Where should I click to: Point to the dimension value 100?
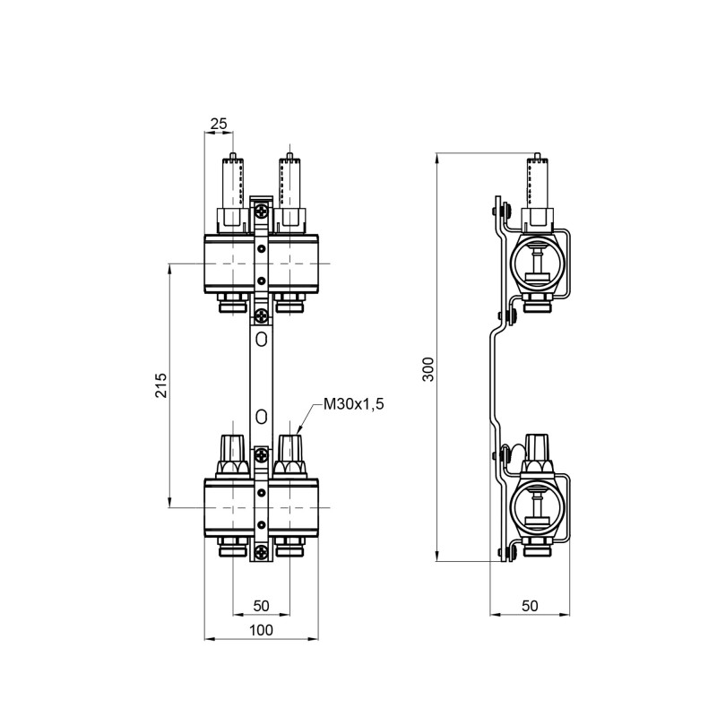tap(261, 630)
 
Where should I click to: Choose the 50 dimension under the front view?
tap(261, 606)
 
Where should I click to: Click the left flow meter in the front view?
tap(232, 184)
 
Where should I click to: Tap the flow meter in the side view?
tap(536, 184)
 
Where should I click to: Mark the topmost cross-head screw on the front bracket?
tap(261, 212)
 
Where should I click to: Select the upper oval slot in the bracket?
tap(261, 340)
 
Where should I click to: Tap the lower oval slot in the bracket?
tap(261, 416)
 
